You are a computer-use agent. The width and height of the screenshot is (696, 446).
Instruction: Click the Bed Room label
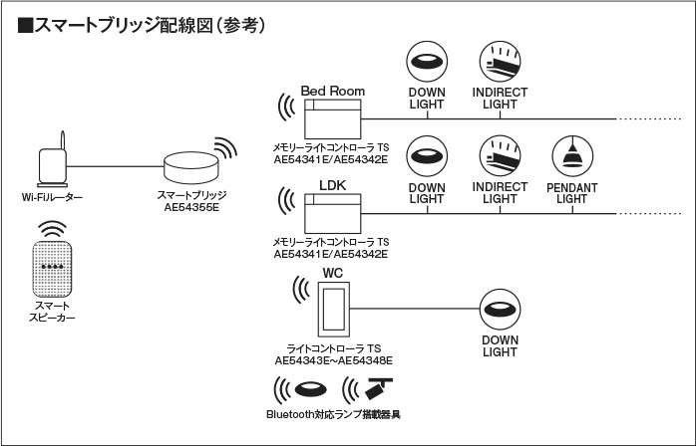click(x=333, y=90)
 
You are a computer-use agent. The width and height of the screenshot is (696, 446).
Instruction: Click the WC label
click(x=333, y=272)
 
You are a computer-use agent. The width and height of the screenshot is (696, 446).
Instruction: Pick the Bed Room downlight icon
click(x=427, y=61)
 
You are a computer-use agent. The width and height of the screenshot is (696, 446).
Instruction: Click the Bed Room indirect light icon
click(x=499, y=61)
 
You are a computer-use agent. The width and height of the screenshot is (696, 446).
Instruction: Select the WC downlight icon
click(x=500, y=308)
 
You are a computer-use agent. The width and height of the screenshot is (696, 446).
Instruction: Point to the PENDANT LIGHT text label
click(x=571, y=192)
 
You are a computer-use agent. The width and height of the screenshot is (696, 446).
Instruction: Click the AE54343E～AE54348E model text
click(x=333, y=359)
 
